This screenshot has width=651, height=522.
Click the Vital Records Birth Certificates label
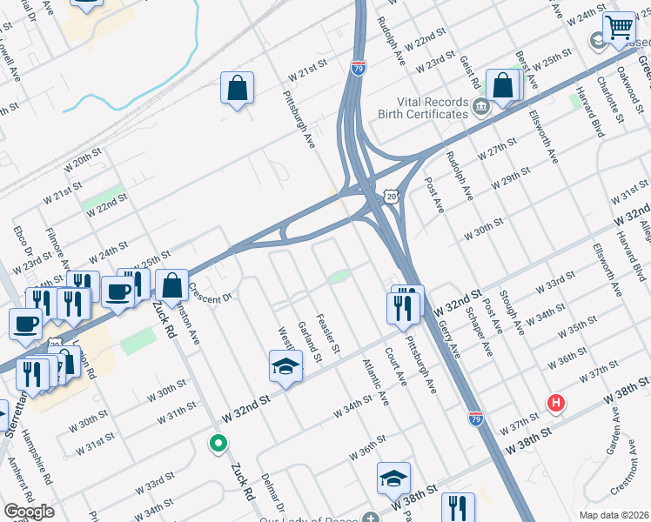pyautogui.click(x=423, y=107)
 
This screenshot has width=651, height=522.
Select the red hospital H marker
pyautogui.click(x=555, y=402)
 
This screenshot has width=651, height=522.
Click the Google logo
pyautogui.click(x=29, y=512)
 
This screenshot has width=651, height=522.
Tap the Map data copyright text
pyautogui.click(x=614, y=515)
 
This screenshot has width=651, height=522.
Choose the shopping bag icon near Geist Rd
pyautogui.click(x=503, y=85)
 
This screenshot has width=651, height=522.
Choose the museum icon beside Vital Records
pyautogui.click(x=480, y=107)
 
